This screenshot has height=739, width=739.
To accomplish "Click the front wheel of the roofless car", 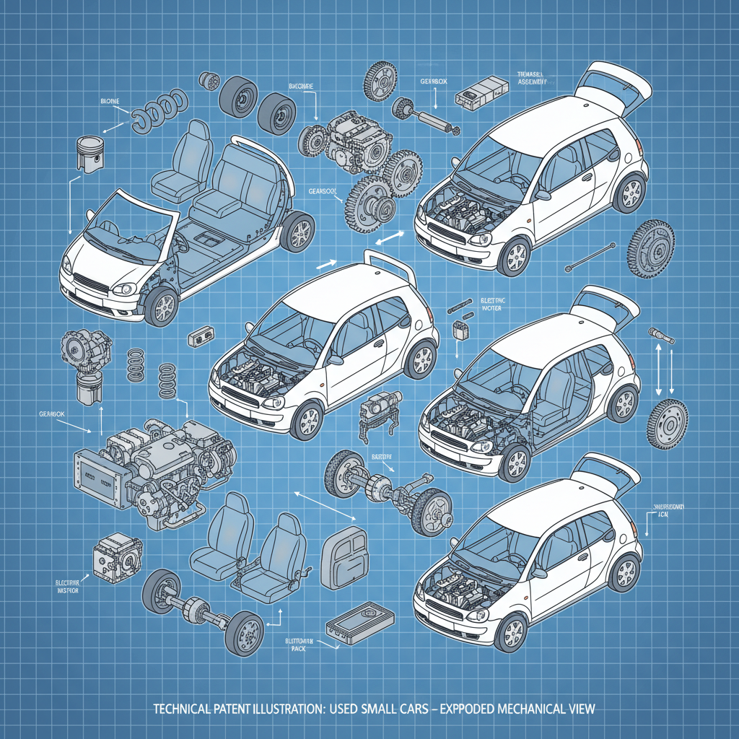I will (161, 305).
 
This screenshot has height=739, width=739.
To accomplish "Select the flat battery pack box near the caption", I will (360, 622).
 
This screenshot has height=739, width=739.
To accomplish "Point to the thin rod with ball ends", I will (591, 258).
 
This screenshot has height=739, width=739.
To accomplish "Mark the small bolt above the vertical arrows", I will (660, 335).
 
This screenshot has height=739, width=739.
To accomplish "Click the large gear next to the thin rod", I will (651, 248).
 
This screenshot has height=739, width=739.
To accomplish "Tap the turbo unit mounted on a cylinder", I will (84, 361).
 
